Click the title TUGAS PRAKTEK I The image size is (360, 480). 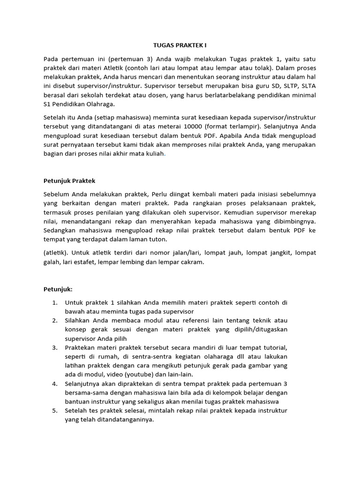(x=180, y=45)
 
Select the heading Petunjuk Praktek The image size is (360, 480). (x=69, y=180)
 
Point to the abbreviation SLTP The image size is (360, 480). (x=274, y=86)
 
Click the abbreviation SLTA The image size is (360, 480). (x=307, y=86)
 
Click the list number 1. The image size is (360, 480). (x=54, y=302)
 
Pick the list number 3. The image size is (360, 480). (x=54, y=347)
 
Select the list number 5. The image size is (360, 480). (x=54, y=411)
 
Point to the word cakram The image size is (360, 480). (x=193, y=262)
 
